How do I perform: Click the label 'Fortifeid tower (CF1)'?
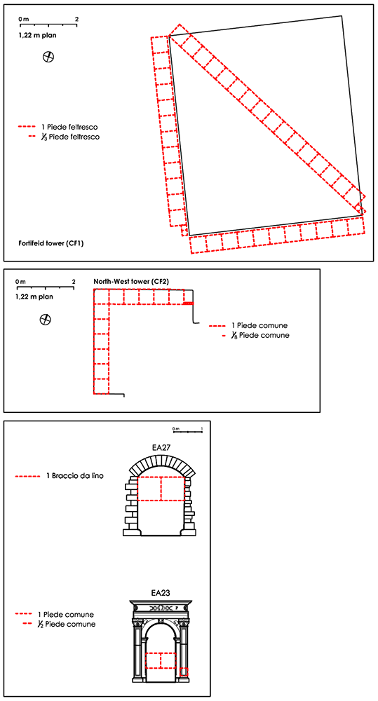51,244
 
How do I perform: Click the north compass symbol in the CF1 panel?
49,57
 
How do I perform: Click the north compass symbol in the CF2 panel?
45,319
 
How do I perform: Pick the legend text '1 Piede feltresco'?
72,127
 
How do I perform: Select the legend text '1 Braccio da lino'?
75,477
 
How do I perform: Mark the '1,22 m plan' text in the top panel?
38,34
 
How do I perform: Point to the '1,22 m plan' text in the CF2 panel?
35,296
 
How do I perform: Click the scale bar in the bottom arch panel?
187,431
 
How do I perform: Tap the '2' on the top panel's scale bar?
76,19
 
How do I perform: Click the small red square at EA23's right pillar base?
184,672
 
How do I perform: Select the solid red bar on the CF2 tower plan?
189,304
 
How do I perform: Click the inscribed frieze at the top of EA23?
161,608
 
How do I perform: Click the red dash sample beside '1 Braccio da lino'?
27,477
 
